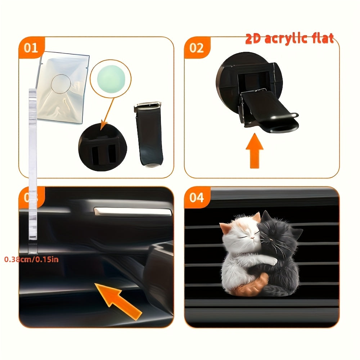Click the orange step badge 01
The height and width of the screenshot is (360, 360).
(31, 48)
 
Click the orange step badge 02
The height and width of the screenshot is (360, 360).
(196, 48)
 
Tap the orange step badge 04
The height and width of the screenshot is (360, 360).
(196, 198)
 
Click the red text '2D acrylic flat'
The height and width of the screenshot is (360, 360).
(289, 39)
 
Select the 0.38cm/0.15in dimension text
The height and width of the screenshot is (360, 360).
(31, 259)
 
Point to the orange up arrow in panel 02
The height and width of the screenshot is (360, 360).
(255, 150)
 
